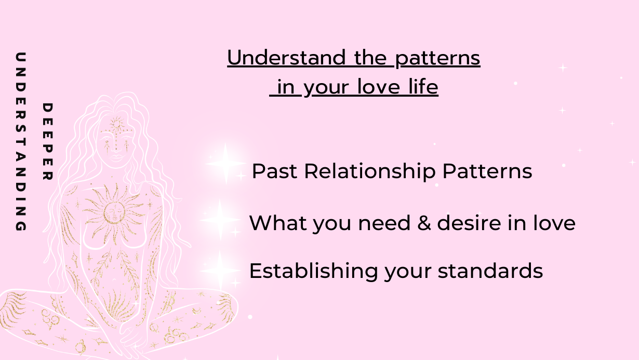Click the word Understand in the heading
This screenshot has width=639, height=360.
(286, 57)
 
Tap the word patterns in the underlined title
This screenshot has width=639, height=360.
(437, 59)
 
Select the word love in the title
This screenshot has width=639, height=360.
(379, 86)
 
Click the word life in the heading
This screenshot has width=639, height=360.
(423, 86)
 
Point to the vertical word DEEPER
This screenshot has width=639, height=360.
(47, 142)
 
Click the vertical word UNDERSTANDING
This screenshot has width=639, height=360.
(21, 141)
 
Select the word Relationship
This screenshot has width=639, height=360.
(370, 172)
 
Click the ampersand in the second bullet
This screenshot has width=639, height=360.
(424, 223)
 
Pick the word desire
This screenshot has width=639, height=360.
(469, 222)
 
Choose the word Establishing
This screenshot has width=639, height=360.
(313, 271)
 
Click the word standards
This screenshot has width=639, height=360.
(490, 271)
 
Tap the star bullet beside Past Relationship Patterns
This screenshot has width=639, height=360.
(225, 164)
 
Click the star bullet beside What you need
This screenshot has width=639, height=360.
(220, 220)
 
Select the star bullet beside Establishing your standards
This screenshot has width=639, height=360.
(220, 271)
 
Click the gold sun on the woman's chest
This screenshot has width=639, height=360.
(114, 212)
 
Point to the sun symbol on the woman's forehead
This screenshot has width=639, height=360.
(116, 125)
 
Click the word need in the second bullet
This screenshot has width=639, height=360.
(384, 223)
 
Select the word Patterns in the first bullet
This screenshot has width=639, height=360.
(487, 171)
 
